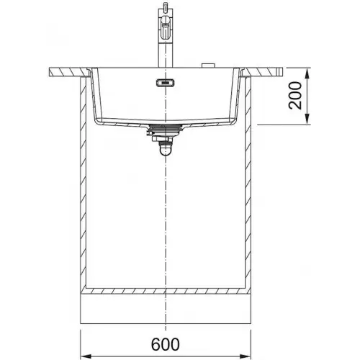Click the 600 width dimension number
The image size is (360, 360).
point(166,344)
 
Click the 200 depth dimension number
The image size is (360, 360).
point(295,96)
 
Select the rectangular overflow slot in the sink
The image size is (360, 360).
point(166,83)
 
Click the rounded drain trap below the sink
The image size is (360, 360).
point(166,149)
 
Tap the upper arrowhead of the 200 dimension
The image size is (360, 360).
point(307,73)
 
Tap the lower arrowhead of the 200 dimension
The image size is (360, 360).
point(307,119)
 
